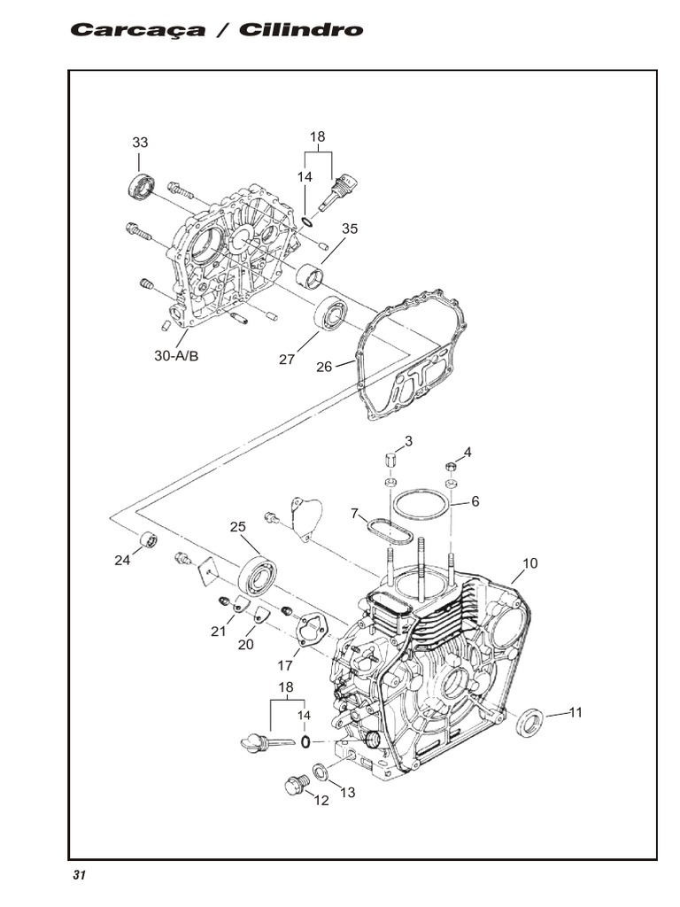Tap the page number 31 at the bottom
tap(79, 875)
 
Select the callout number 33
tap(140, 143)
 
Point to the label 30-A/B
tap(176, 356)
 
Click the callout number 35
tap(350, 229)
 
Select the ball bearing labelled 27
tap(330, 315)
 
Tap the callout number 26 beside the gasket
tap(325, 367)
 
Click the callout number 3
tap(408, 441)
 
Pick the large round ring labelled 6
tap(420, 505)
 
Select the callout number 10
tap(530, 563)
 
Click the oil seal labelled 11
tap(529, 722)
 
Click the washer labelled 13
tap(321, 773)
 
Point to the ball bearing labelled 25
tap(258, 575)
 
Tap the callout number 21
tap(219, 631)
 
